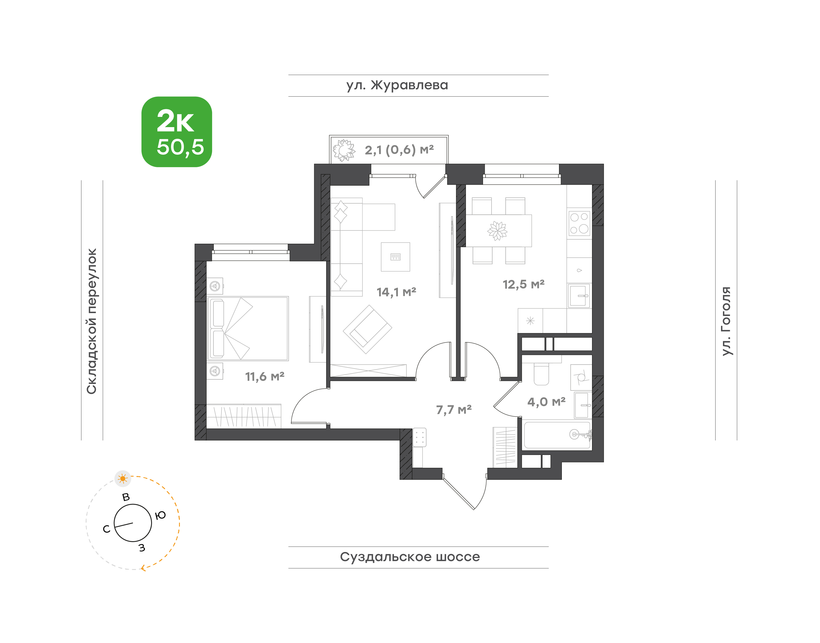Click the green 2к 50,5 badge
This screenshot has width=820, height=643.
coord(176,132)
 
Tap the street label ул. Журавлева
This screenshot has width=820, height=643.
coord(397,85)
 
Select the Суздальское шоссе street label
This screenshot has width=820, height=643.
coord(410,557)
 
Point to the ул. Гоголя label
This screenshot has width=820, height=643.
coord(726,321)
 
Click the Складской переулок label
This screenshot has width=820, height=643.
coord(92,321)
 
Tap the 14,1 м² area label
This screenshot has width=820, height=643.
coord(396,292)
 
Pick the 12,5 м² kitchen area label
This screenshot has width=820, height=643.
coord(523,284)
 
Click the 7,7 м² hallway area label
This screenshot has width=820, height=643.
coord(454,410)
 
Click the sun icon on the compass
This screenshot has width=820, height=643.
coord(122,479)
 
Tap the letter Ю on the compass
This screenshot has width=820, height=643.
coord(161,515)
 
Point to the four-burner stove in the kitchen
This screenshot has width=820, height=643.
coord(579,223)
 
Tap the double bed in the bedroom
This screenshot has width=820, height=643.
coord(248,328)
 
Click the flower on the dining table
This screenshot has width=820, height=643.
coord(498,231)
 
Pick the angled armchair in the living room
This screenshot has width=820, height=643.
coord(367,329)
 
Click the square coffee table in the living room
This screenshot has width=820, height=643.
coord(395,257)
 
